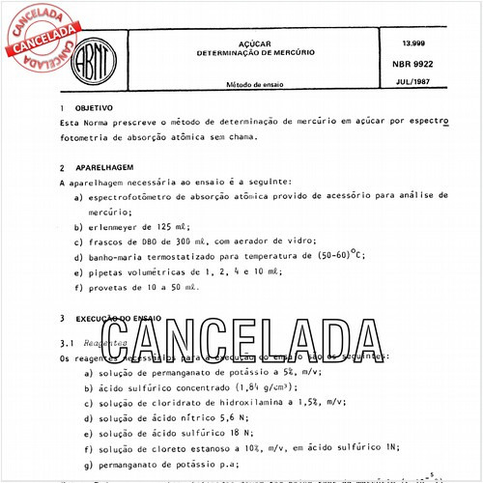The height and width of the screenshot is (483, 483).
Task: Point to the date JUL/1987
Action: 412,81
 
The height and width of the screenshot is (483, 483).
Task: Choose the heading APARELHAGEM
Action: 105,167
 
